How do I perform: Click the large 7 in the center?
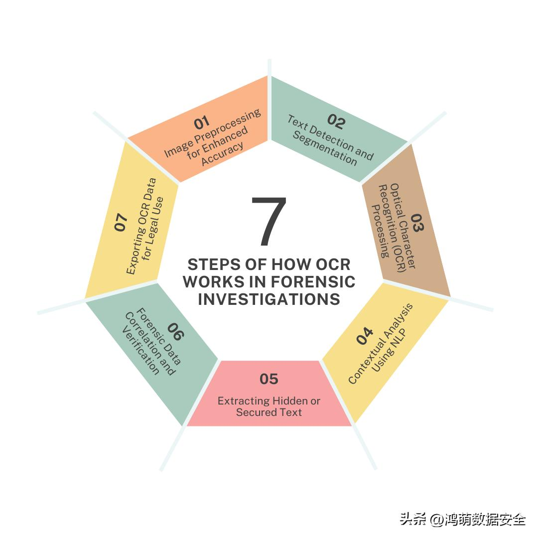(269, 222)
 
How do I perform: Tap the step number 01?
(202, 122)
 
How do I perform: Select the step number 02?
(336, 122)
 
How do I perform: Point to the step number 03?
(416, 223)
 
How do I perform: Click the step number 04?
(365, 336)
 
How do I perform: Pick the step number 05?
(269, 379)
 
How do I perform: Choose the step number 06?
(175, 331)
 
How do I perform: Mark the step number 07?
(121, 222)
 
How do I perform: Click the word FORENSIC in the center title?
(313, 282)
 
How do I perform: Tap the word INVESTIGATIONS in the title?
(269, 299)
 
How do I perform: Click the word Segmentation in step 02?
(325, 150)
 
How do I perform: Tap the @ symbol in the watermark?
(437, 519)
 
